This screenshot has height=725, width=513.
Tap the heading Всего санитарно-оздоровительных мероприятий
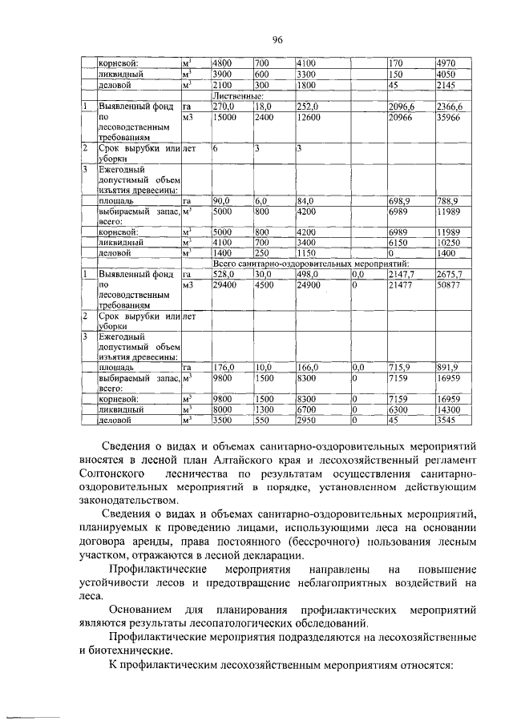[310, 263]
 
